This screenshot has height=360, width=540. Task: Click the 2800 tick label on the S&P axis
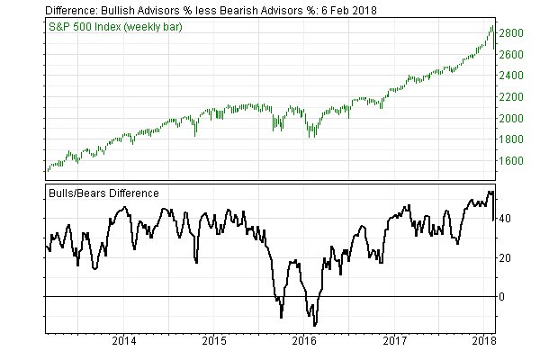(x=514, y=33)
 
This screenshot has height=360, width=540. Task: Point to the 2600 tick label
(x=514, y=55)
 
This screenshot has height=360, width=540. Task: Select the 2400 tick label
(x=514, y=76)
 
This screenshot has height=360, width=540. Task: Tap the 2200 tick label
(x=514, y=97)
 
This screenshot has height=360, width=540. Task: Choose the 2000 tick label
(x=514, y=118)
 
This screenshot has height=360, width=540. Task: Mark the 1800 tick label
(x=514, y=139)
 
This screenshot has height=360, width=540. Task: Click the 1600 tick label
(x=514, y=161)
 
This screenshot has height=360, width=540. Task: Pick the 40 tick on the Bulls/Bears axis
(x=507, y=219)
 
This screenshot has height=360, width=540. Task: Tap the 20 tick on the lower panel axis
(x=507, y=257)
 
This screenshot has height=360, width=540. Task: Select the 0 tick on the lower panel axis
(x=504, y=297)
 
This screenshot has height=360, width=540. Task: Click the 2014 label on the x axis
(x=124, y=342)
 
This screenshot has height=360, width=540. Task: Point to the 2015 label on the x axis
(x=214, y=342)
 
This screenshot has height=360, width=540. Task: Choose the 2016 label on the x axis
(x=304, y=342)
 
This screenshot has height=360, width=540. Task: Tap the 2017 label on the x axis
(x=394, y=342)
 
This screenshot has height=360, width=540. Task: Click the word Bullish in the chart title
(x=122, y=9)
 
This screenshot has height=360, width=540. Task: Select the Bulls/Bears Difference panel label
(x=103, y=193)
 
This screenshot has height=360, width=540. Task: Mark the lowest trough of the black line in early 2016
(x=313, y=325)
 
